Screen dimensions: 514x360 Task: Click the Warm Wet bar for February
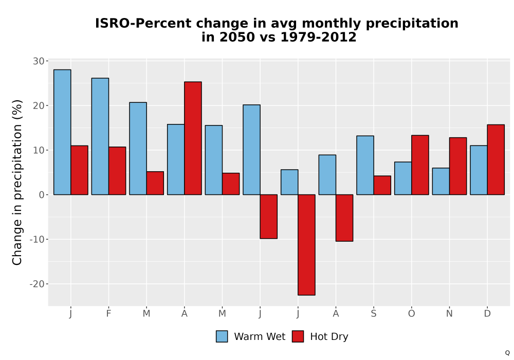click(x=100, y=136)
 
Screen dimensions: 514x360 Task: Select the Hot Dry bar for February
click(x=117, y=171)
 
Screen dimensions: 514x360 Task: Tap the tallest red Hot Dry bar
click(x=193, y=138)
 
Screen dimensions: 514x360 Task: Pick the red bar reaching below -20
click(x=306, y=245)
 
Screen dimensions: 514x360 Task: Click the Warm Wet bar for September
click(x=365, y=165)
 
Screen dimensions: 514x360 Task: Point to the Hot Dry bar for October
click(x=420, y=165)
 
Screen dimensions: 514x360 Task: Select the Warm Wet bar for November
click(x=441, y=182)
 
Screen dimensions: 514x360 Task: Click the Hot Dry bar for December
click(x=495, y=159)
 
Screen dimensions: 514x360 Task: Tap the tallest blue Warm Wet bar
click(x=62, y=132)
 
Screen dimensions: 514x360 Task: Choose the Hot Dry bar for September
click(x=382, y=185)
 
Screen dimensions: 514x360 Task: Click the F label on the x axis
click(x=108, y=314)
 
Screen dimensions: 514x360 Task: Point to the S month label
click(x=374, y=314)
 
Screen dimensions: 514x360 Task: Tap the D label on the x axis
click(x=487, y=314)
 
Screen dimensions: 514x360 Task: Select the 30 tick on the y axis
click(x=39, y=61)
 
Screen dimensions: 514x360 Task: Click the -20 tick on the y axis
click(x=37, y=284)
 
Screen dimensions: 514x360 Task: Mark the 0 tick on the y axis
click(x=42, y=195)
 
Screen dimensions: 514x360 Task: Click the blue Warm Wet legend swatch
click(x=222, y=336)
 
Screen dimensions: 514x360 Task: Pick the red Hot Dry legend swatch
click(x=298, y=336)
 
